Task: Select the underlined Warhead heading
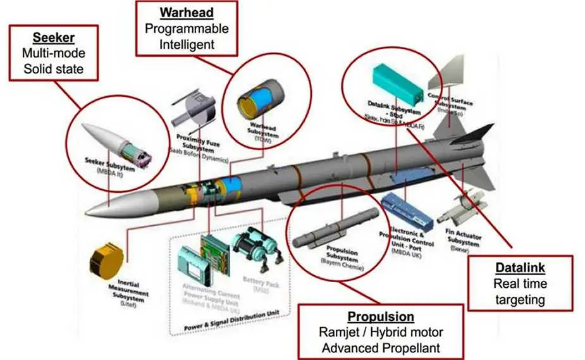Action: click(187, 12)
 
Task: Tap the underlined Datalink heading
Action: click(519, 268)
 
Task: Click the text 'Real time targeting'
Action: click(520, 292)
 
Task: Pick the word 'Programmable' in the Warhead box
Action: click(187, 28)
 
